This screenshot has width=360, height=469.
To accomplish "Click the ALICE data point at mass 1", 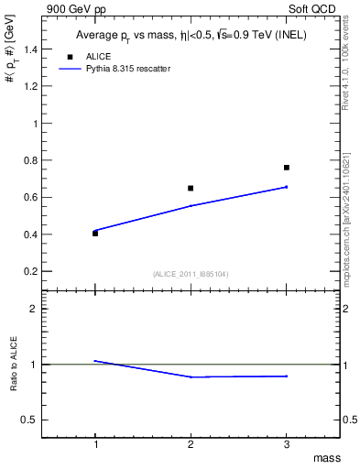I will coord(95,234).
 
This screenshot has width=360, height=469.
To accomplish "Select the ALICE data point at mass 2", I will coord(191,188).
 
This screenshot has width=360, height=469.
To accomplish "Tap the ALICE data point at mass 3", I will coord(287,168).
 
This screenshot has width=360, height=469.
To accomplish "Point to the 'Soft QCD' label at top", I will coord(312,8).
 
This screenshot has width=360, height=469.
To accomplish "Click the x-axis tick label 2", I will coord(191,443).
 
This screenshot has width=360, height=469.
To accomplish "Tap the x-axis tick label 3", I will coord(287,443).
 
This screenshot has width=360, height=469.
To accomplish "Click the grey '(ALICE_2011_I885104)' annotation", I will coord(191,274).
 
